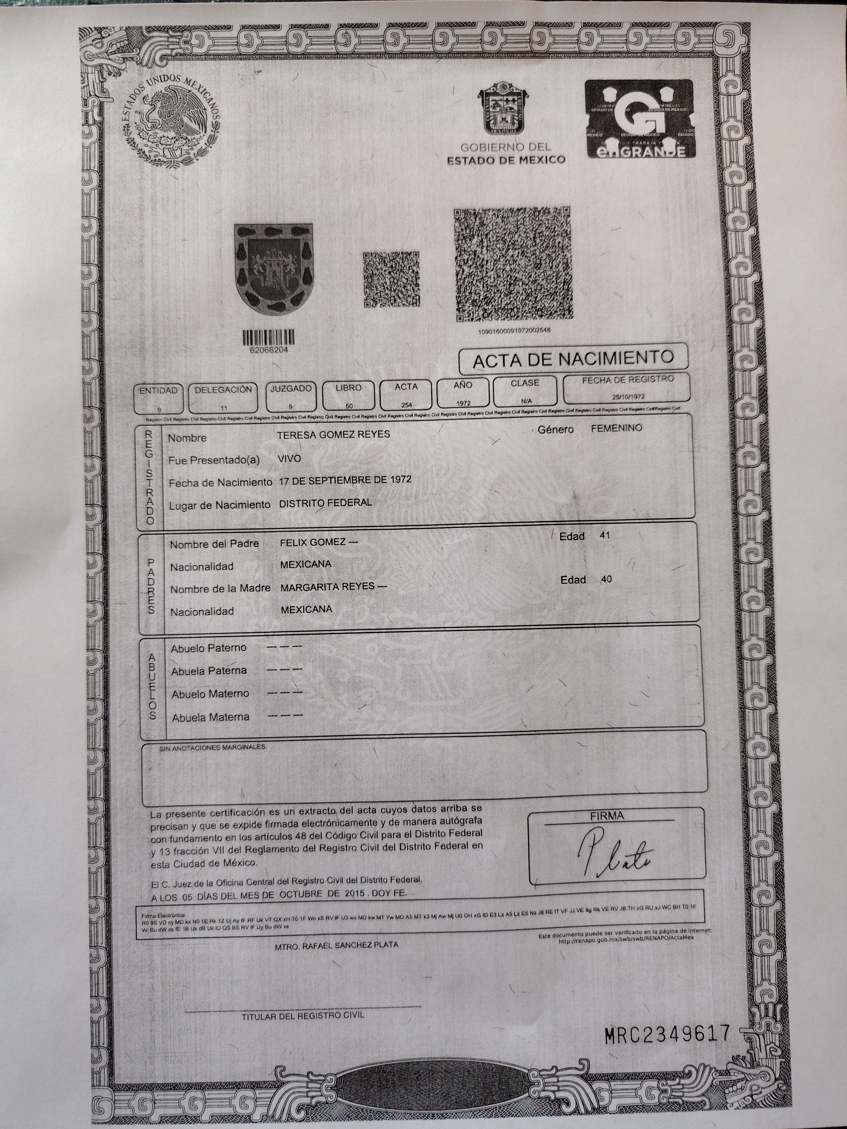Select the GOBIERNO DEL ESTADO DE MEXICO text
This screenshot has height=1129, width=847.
pyautogui.click(x=506, y=154)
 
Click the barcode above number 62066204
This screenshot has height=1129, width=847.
pyautogui.click(x=268, y=337)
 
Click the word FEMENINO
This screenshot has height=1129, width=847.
pyautogui.click(x=616, y=428)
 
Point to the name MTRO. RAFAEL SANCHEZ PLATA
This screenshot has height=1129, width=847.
pyautogui.click(x=337, y=945)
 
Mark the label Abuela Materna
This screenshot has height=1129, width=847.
pyautogui.click(x=210, y=717)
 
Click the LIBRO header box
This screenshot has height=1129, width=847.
pyautogui.click(x=349, y=395)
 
